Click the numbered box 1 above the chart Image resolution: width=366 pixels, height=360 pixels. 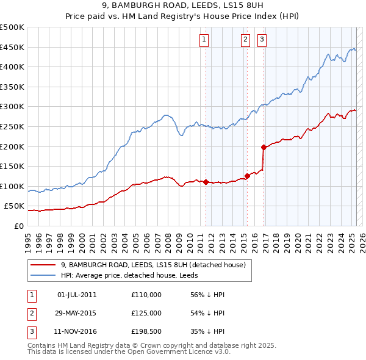[203, 40]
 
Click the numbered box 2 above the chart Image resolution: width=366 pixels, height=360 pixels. [245, 40]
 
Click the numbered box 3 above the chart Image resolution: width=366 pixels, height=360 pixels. [262, 40]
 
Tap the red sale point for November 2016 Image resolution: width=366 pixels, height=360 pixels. [264, 147]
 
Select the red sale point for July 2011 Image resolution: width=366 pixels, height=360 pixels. [206, 182]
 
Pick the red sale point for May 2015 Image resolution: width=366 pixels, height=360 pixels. [247, 176]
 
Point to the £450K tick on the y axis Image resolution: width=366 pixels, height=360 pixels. [13, 47]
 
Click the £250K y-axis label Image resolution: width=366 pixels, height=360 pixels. [13, 126]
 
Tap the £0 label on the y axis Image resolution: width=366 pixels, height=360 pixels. [18, 226]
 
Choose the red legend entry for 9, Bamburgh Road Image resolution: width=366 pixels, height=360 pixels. [152, 265]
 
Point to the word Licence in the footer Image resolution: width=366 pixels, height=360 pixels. [195, 352]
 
